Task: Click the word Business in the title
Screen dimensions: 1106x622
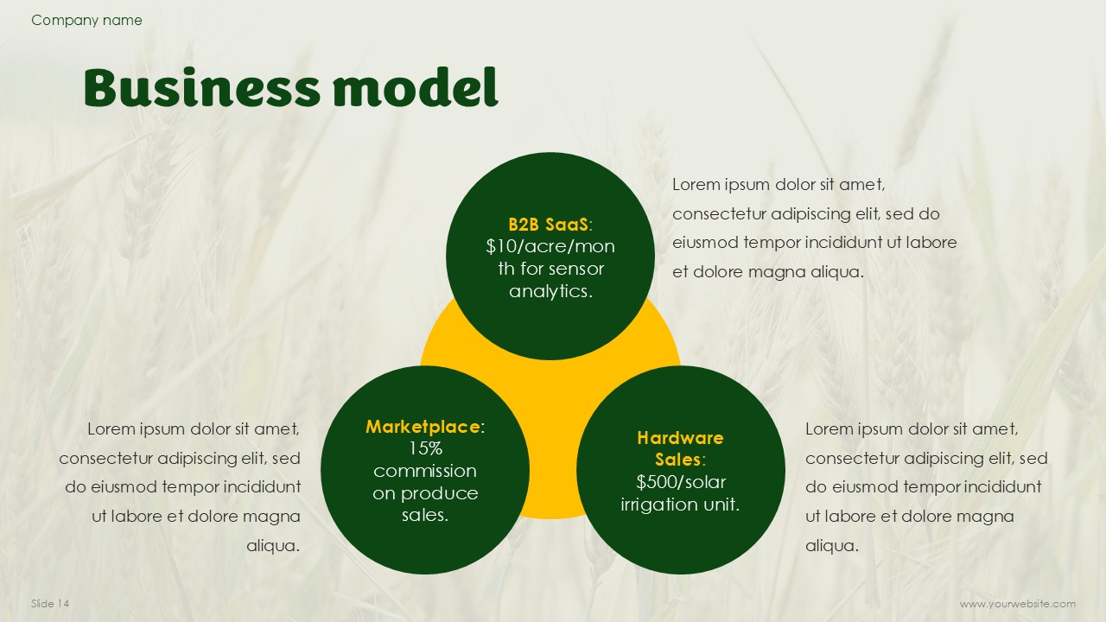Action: tap(202, 87)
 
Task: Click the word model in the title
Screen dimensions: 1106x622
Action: tap(416, 87)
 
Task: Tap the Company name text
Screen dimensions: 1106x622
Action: tap(86, 20)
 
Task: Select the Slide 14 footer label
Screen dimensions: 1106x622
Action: tap(50, 603)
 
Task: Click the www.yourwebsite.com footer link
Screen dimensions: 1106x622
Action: tap(1018, 604)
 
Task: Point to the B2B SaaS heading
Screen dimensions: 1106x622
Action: tap(550, 225)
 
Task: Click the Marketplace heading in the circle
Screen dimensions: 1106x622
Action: tap(425, 427)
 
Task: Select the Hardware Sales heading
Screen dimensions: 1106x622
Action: tap(680, 448)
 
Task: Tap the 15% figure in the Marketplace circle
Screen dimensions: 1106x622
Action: tap(425, 448)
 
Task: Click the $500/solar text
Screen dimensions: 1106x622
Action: tap(680, 482)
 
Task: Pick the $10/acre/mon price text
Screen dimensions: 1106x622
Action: tap(550, 246)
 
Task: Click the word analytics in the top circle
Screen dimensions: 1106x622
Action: tap(550, 291)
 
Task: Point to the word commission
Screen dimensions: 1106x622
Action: tap(425, 471)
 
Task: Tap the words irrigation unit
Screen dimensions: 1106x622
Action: tap(680, 505)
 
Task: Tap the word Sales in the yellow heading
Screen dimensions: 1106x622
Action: tap(677, 460)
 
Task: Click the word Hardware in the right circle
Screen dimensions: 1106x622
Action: tap(680, 438)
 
